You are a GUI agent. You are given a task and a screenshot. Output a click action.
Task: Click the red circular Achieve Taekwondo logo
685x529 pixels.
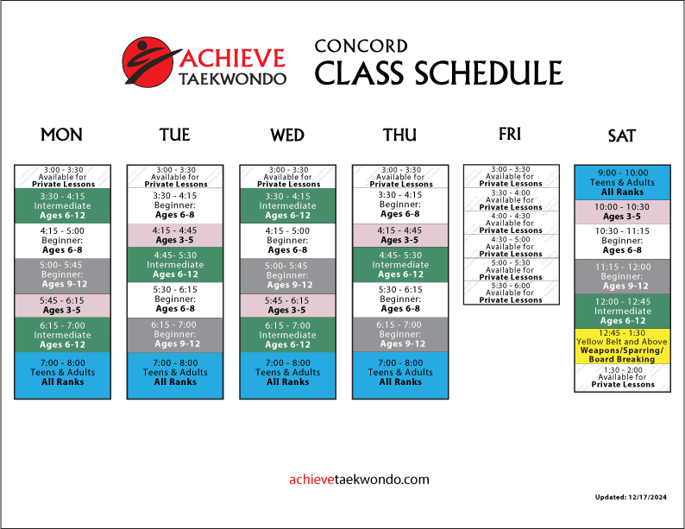coord(148,61)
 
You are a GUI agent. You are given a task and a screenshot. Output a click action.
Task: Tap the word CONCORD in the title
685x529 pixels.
coord(361,47)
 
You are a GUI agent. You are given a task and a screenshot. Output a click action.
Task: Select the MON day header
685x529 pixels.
coord(61,135)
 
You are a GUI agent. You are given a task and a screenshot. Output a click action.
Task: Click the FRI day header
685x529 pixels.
coord(510,134)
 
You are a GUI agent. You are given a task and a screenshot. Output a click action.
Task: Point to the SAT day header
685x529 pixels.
coord(622,135)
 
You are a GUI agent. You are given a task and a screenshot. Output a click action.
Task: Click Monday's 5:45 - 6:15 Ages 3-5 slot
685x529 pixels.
coord(62,305)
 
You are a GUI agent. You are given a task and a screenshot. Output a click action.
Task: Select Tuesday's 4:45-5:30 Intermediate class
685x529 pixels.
coord(175,265)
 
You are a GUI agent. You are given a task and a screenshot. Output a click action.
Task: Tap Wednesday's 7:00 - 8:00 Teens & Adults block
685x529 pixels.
coord(288,375)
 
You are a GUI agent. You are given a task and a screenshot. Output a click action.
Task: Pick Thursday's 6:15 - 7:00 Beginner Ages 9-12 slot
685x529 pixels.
coord(400,335)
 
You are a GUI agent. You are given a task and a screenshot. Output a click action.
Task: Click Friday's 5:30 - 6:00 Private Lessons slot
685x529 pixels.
coord(511,293)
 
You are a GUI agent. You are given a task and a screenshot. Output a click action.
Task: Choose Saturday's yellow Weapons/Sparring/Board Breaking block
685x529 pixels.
coord(622,346)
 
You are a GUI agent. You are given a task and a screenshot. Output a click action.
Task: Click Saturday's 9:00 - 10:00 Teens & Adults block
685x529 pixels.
coord(622,183)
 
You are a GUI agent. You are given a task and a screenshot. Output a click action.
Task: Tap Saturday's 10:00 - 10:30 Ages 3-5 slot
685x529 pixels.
coord(622,212)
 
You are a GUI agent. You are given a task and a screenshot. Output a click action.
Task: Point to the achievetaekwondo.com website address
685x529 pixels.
coord(359,480)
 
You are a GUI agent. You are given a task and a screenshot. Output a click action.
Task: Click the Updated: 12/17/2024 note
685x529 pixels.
coord(631,497)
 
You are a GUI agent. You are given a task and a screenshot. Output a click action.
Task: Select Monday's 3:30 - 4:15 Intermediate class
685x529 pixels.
coord(62,205)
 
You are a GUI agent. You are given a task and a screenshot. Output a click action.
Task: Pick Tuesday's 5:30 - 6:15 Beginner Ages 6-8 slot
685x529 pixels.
coord(175,299)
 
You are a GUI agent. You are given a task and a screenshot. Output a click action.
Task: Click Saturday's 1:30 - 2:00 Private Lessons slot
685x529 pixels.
coord(622,377)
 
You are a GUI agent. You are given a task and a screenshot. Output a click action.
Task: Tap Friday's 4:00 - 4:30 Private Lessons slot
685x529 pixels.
coord(511,224)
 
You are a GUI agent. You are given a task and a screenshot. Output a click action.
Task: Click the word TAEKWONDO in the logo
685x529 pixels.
coord(232,79)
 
